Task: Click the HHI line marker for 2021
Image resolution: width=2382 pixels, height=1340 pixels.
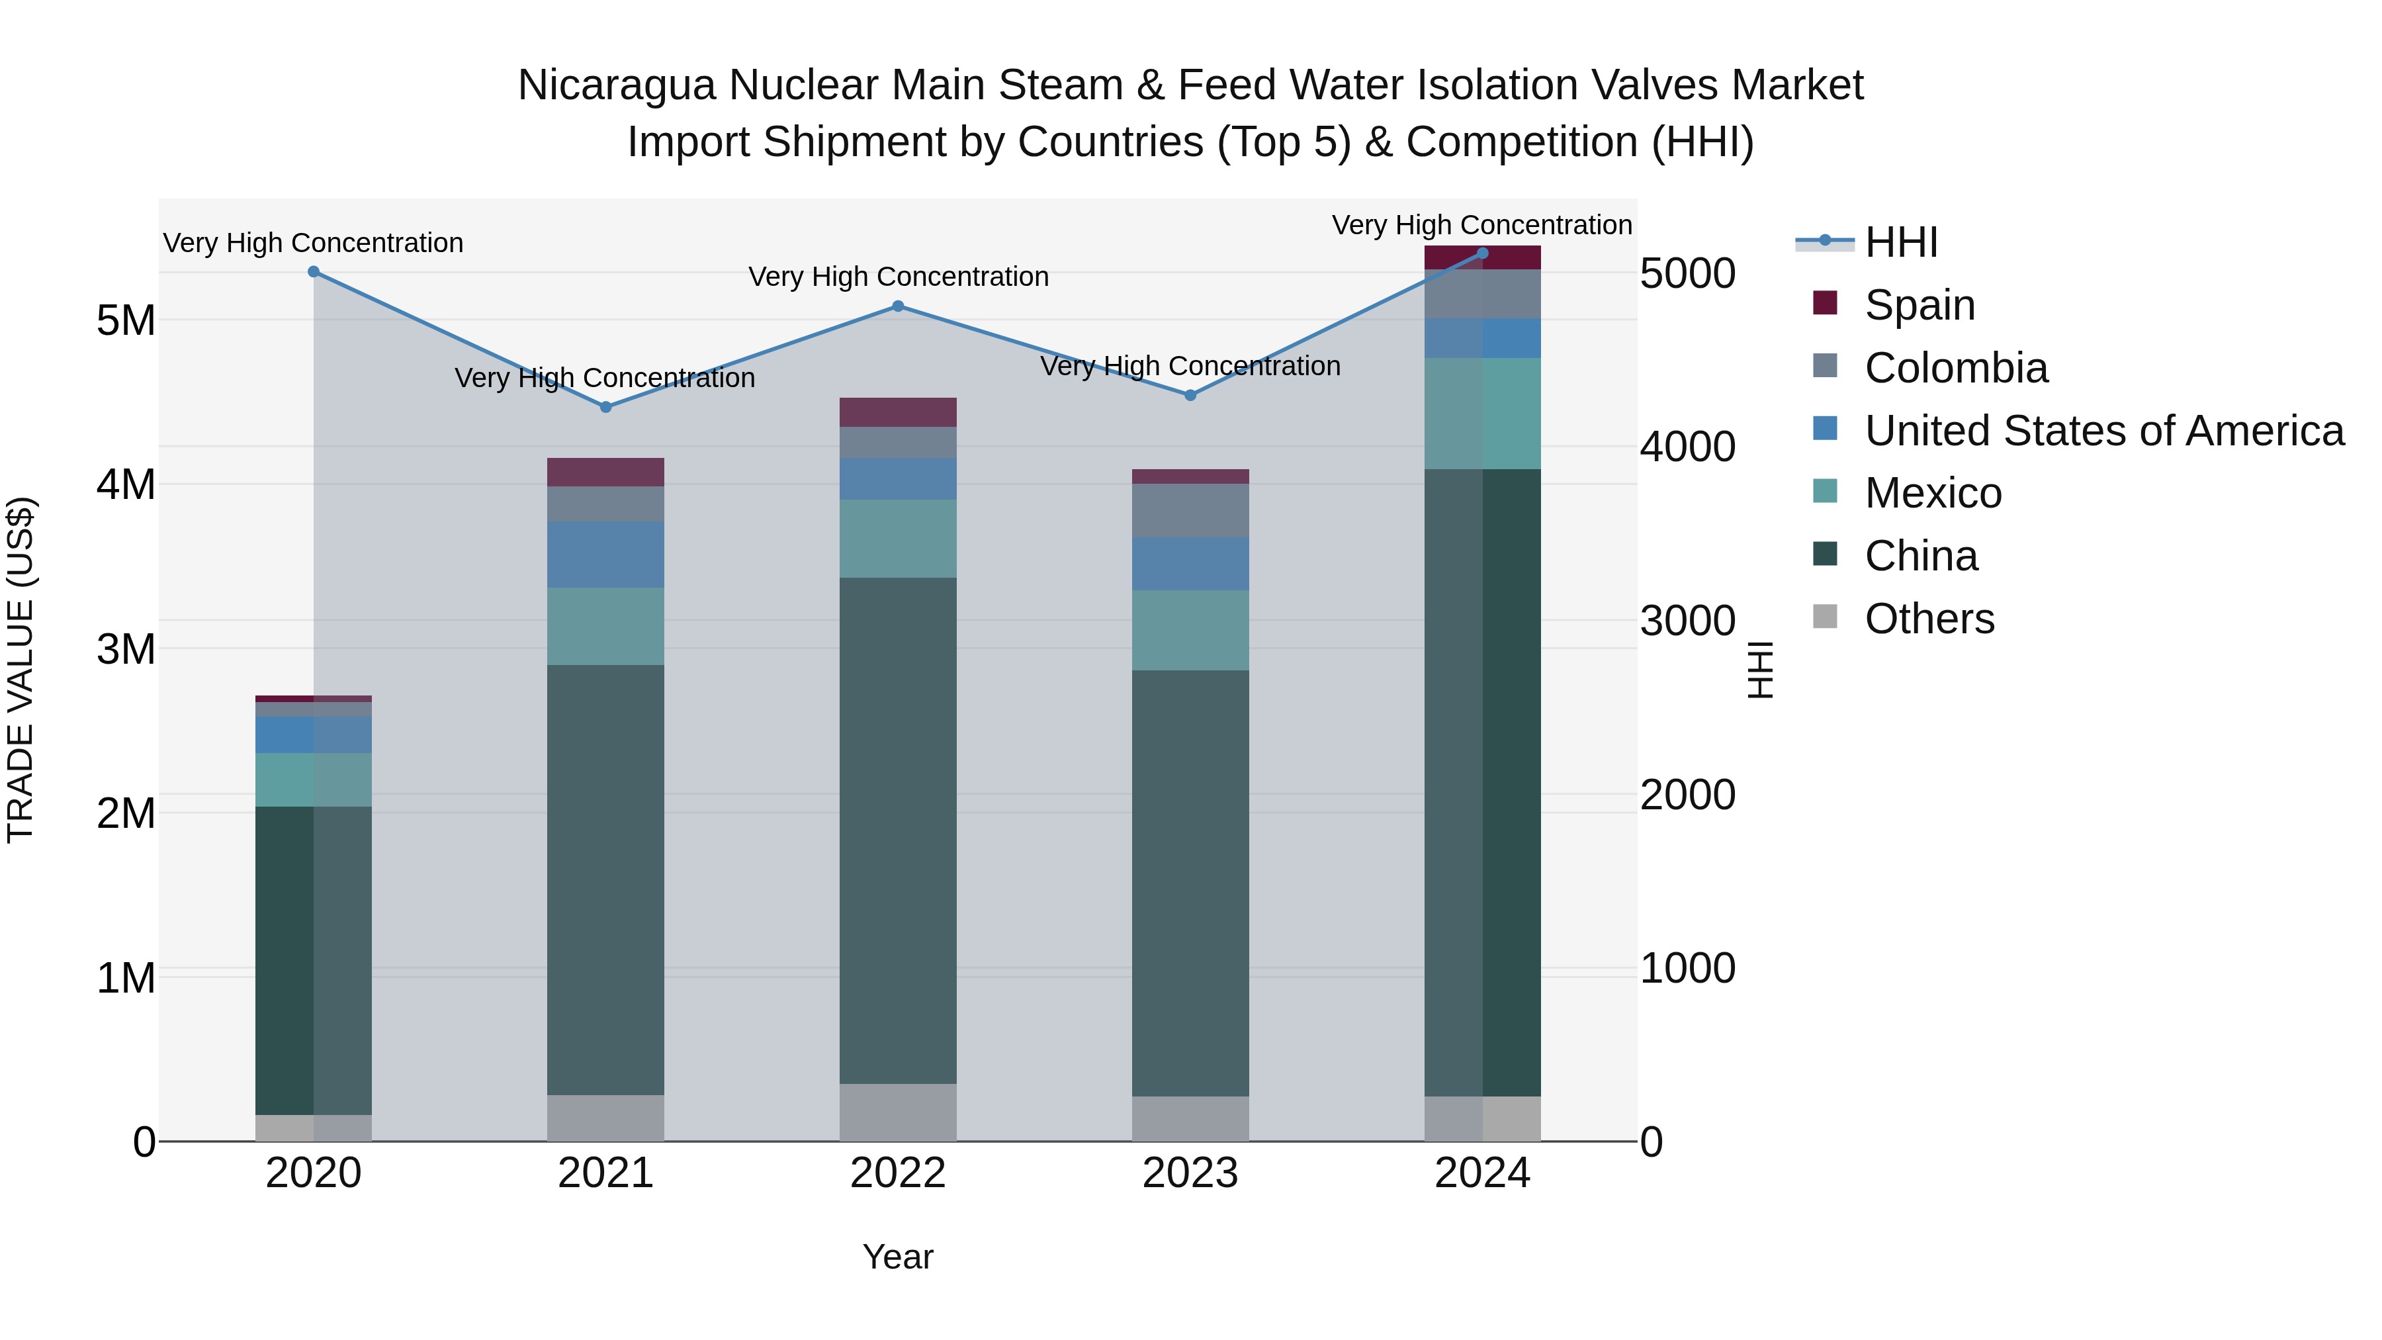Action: (605, 407)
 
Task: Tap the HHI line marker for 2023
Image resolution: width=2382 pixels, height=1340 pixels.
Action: (1190, 395)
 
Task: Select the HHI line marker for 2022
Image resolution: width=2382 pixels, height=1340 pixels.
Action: (898, 306)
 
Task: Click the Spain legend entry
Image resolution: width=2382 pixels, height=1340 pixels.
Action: (1919, 305)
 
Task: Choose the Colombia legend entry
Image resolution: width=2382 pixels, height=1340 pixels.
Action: (1956, 368)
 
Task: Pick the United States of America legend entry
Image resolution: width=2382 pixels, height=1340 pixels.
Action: (2103, 431)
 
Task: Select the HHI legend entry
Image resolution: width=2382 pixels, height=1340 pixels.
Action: (1901, 242)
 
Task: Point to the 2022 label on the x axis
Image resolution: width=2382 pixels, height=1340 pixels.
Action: (898, 1173)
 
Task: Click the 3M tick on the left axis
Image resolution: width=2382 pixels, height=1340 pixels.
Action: (126, 649)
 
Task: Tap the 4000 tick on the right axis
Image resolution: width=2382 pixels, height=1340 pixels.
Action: (1687, 447)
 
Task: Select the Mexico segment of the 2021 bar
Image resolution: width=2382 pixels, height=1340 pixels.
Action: (605, 626)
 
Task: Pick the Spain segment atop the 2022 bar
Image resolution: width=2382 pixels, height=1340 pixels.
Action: (898, 412)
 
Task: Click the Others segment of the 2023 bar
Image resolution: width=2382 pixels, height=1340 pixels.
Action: (1190, 1118)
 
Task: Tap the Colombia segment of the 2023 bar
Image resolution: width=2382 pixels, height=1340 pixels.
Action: (1190, 510)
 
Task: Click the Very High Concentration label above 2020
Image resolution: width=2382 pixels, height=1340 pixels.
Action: (314, 244)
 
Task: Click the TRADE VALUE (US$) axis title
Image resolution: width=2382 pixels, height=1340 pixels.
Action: (21, 670)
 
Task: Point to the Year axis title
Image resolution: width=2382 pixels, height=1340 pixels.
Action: (898, 1257)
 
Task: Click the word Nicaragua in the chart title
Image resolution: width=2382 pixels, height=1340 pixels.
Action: (616, 85)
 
